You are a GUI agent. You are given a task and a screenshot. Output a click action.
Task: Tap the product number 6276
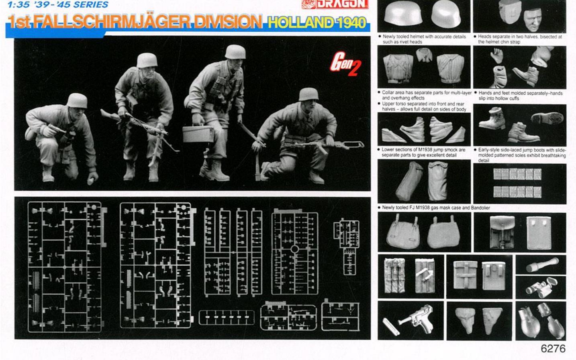553,349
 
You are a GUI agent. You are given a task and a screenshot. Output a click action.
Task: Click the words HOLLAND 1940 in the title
317,22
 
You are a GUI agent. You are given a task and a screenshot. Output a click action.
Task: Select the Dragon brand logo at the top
335,4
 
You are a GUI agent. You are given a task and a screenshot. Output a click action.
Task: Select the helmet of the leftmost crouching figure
77,101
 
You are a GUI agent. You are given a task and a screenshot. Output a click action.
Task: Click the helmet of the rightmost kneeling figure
308,94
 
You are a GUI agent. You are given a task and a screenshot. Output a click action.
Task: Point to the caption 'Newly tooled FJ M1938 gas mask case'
434,207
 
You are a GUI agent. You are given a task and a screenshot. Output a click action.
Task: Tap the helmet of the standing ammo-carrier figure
235,52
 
